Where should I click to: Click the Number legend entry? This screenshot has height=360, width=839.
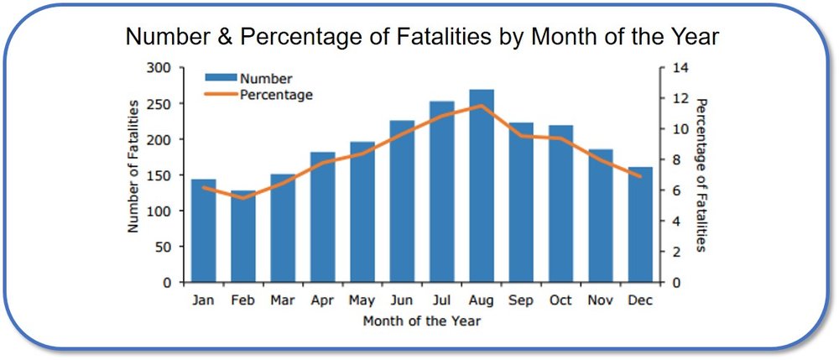(265, 79)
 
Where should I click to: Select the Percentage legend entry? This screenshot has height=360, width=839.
(276, 95)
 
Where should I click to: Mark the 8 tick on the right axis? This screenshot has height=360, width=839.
(673, 160)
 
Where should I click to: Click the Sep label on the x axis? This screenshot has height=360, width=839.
(521, 300)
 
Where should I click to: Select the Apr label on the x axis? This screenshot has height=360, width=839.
(323, 300)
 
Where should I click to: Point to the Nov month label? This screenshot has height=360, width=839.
(600, 300)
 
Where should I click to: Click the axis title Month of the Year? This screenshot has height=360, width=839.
(422, 320)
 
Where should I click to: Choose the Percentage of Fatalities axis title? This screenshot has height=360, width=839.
(701, 175)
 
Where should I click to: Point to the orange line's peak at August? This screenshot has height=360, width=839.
(482, 106)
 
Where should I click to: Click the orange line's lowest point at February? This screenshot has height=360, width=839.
(243, 198)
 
